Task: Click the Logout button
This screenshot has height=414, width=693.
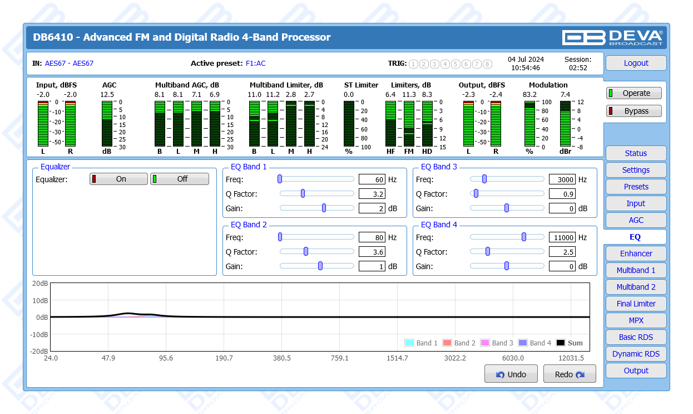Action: [x=636, y=63]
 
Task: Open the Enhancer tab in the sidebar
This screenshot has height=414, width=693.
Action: [x=636, y=254]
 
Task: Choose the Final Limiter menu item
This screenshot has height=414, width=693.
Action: [x=636, y=304]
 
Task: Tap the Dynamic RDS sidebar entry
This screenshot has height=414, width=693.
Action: [x=636, y=354]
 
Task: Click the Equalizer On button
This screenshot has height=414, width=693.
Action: [x=119, y=179]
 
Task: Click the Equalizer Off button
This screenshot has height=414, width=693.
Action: [x=180, y=179]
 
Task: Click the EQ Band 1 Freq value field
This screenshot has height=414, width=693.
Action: [x=372, y=179]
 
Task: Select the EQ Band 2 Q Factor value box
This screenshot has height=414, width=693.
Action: [x=372, y=252]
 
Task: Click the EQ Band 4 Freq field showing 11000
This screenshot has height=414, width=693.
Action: [x=562, y=237]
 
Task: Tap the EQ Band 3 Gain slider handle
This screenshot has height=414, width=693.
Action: [x=507, y=208]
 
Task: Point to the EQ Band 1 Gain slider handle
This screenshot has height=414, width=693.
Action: [x=324, y=208]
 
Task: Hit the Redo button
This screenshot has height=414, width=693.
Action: [x=570, y=374]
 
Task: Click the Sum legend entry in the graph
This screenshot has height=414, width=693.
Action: [x=570, y=343]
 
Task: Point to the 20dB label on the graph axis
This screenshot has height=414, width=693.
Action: [x=39, y=283]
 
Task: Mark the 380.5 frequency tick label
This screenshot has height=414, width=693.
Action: [x=281, y=358]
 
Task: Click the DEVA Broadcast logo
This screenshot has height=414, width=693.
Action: [x=612, y=37]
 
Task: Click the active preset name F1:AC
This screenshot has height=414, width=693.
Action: [x=256, y=64]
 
